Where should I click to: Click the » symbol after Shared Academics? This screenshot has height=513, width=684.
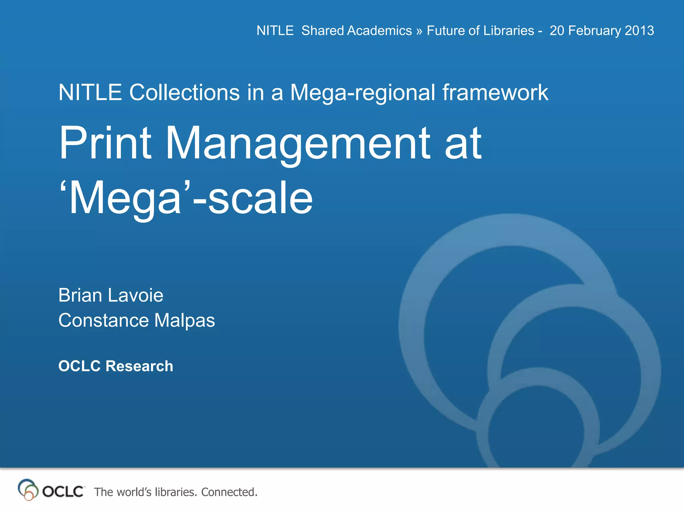click(419, 31)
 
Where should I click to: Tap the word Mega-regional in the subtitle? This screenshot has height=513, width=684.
click(363, 93)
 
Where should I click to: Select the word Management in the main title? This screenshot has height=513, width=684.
click(298, 144)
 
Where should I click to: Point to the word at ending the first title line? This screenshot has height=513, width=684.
click(463, 144)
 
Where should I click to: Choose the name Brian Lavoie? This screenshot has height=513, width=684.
click(111, 295)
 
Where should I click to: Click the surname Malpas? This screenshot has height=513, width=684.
click(184, 321)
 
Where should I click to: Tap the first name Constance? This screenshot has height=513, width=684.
click(103, 320)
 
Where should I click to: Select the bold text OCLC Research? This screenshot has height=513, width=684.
click(116, 366)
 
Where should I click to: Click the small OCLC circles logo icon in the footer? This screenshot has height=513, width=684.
click(27, 490)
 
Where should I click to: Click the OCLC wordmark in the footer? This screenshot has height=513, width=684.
click(63, 492)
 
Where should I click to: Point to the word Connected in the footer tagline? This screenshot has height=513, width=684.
click(229, 492)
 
